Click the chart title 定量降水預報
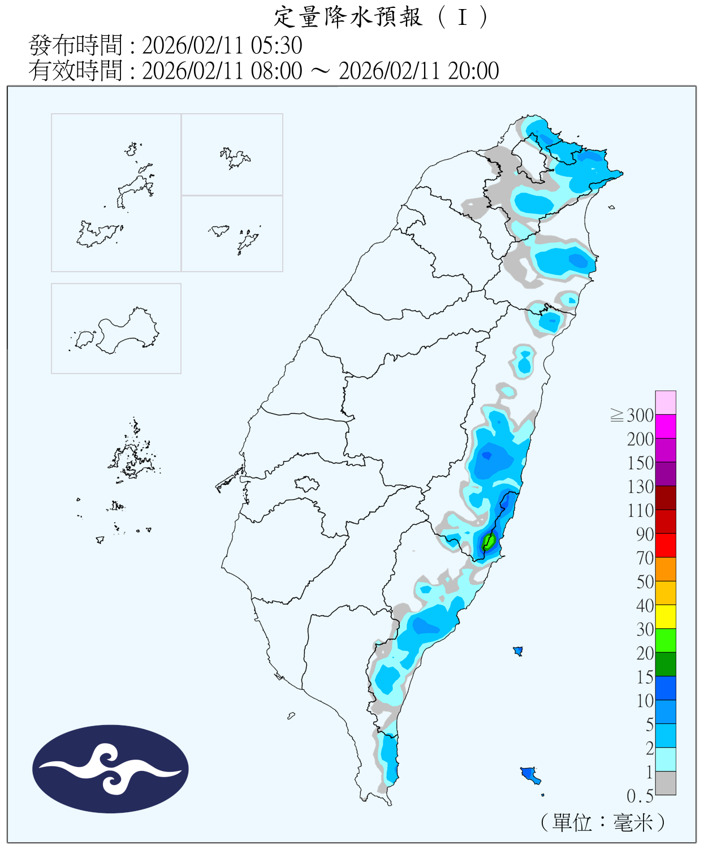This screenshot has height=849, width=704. pos(348,17)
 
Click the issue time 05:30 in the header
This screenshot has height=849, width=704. pos(277,45)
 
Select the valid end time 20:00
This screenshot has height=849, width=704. pos(473,71)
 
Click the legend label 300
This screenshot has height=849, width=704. pos(640,415)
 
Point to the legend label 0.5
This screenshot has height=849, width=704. pos(640,796)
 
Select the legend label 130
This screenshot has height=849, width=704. pos(640,487)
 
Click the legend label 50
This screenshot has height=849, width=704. pos(645,582)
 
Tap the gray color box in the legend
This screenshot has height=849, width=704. pos(666,783)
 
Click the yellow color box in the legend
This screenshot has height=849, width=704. pos(666,617)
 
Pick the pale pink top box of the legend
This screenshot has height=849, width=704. pos(666,402)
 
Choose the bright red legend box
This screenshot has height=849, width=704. pos(666,546)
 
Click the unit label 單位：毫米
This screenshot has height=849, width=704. pos(603,822)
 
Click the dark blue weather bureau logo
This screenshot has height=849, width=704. pos(110,769)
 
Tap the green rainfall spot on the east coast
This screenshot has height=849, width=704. pos(489,542)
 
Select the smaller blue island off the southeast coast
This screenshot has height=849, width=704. pos(517,651)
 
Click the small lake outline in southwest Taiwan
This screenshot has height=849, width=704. pos(307,484)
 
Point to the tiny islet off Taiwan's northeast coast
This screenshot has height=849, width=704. pos(612,208)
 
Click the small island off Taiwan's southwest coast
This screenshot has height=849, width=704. pos(291,716)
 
